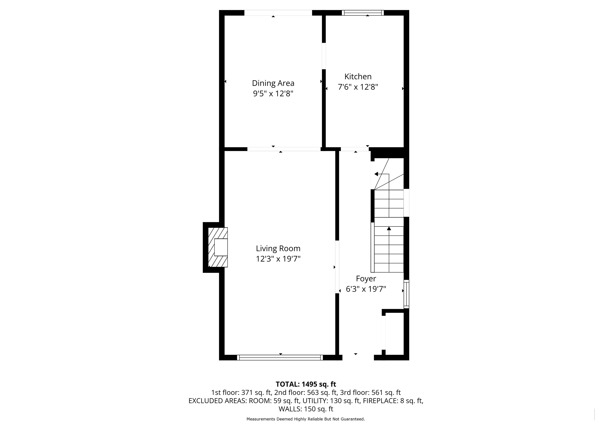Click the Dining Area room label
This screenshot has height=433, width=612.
coord(273,83)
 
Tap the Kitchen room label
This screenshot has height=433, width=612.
coord(358,77)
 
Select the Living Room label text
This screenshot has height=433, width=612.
coord(278,248)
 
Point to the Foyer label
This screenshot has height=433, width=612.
coord(366,279)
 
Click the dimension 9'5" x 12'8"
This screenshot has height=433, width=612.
coord(273,94)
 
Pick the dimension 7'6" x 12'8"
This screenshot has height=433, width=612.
coord(358,87)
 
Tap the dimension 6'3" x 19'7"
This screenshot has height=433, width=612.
coord(366,289)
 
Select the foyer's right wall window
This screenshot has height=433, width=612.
coord(407,294)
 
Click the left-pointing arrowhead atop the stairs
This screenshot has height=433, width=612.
coord(376,174)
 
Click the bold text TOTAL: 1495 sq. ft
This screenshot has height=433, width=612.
coord(306,384)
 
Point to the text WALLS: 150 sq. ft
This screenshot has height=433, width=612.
coord(306,409)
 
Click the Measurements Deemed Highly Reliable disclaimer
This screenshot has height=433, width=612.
coord(306,419)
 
